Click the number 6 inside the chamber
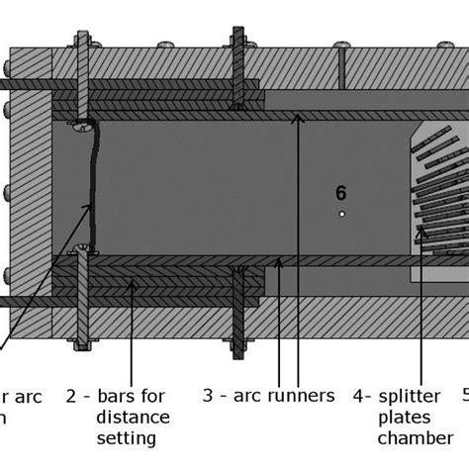click(341, 193)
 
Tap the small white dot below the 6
click(341, 213)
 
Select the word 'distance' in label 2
click(133, 417)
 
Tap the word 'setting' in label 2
click(128, 437)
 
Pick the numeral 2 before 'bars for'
click(71, 396)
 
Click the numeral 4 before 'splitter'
click(358, 396)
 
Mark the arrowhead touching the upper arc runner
click(297, 118)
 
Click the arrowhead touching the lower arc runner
click(281, 263)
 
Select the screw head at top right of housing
click(344, 44)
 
